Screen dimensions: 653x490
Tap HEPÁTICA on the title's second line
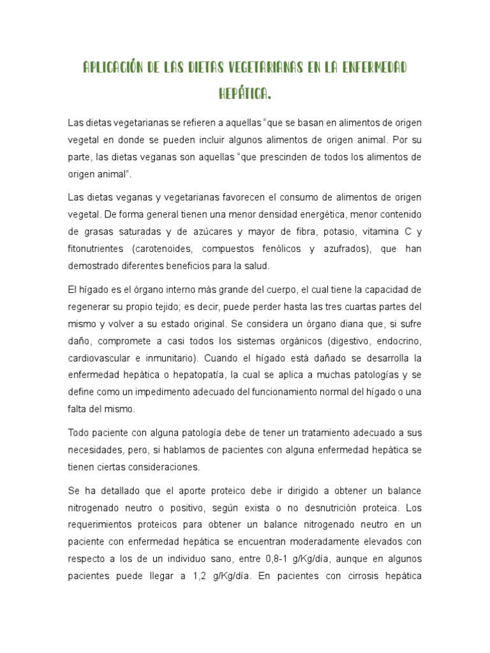tap(245, 94)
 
